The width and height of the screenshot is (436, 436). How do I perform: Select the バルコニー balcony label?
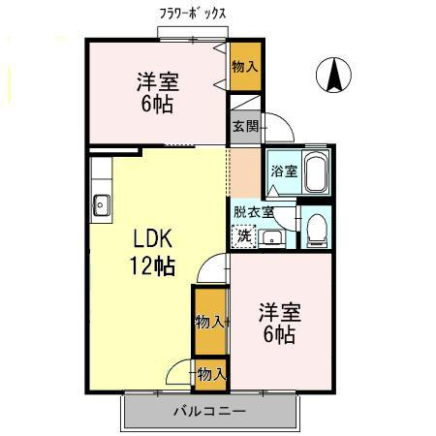tap(209, 411)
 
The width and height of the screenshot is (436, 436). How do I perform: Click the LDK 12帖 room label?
tap(153, 251)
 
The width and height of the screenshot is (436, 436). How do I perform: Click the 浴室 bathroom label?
tap(283, 171)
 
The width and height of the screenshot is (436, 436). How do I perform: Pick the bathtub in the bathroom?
tap(316, 171)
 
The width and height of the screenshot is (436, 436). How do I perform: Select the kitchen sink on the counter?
tap(101, 203)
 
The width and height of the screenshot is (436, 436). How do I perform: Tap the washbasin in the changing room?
tap(271, 236)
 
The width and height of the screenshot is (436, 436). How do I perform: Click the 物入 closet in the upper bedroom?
tap(244, 67)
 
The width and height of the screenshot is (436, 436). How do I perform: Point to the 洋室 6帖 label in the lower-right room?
tap(278, 324)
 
